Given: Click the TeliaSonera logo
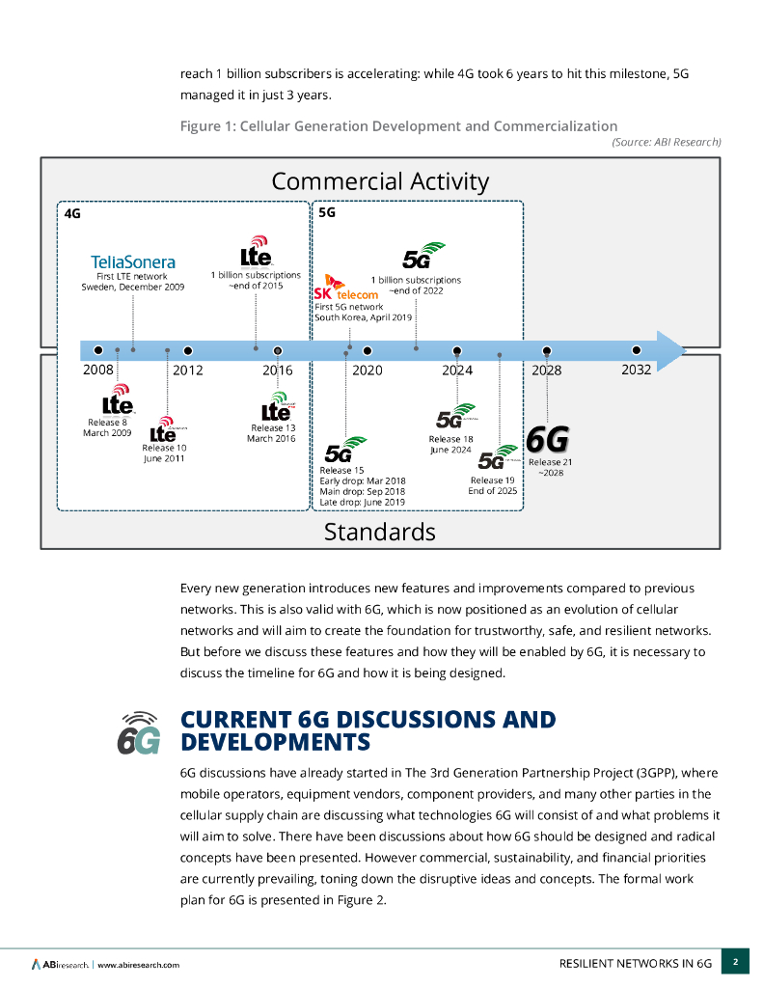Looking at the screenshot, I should [133, 261].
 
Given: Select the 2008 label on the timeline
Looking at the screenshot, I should [97, 370].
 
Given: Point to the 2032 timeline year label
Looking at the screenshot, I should [635, 369].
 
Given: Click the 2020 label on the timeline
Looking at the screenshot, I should [367, 370].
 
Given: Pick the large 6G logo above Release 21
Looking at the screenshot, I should [547, 439].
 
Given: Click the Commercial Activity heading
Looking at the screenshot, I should [380, 181].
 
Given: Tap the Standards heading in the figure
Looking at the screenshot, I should [379, 532].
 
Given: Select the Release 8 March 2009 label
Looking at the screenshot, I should [107, 427].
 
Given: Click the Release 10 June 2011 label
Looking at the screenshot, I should [164, 453].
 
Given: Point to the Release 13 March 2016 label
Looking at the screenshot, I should [273, 433].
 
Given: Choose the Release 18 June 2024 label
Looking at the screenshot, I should [450, 444].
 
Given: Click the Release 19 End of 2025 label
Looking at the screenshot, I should [493, 485].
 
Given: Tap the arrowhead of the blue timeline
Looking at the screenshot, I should [670, 350].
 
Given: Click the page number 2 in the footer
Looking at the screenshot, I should [735, 962].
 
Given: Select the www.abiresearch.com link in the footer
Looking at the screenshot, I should [138, 964].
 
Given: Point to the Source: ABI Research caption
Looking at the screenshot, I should [667, 142].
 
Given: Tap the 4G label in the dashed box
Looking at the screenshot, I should [72, 213].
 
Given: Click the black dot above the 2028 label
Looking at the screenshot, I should [547, 351].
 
